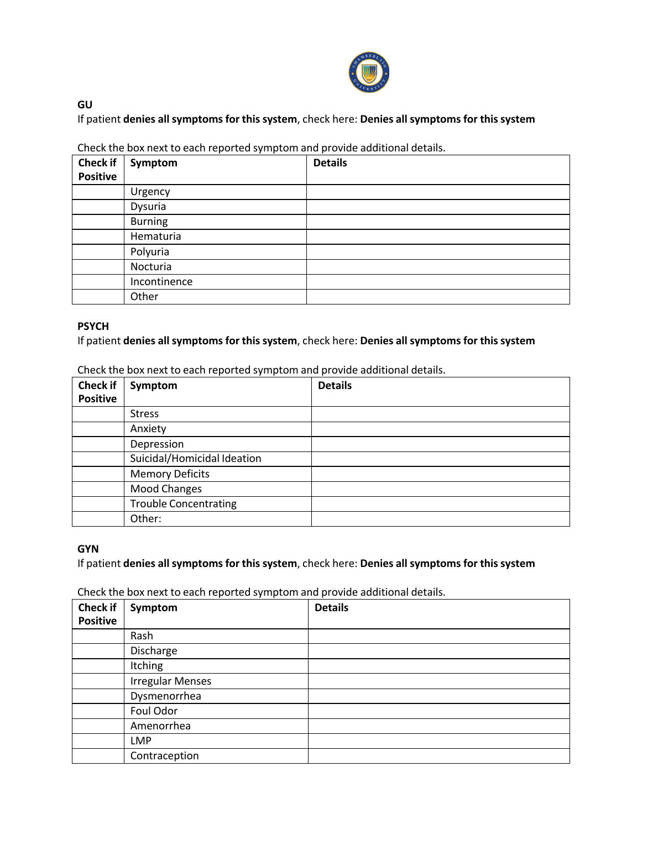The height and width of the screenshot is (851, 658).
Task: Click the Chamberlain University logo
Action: (x=369, y=72)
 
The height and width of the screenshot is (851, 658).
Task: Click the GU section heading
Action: (x=85, y=104)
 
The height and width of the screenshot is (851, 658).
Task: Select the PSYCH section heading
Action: (x=93, y=326)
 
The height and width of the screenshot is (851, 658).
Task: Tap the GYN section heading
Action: (x=88, y=549)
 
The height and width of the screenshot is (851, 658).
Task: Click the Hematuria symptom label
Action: (x=155, y=237)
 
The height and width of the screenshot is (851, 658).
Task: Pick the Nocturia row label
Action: (x=151, y=267)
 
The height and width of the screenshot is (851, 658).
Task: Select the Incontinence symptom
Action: (x=161, y=282)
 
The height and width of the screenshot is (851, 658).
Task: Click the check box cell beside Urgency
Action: (x=98, y=192)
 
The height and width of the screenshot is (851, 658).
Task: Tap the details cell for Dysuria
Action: (x=438, y=207)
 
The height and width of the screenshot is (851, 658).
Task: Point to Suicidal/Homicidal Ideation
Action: (x=196, y=459)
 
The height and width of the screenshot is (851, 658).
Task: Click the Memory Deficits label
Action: (x=170, y=474)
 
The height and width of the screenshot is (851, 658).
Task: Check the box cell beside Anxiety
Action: (x=98, y=429)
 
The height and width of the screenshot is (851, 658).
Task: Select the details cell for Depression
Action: (x=440, y=444)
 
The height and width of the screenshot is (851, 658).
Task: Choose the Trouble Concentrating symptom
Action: (x=183, y=504)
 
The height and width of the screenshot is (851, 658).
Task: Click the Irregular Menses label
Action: (x=171, y=681)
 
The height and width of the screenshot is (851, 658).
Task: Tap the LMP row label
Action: (x=141, y=741)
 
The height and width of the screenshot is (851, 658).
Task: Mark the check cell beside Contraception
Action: (x=98, y=756)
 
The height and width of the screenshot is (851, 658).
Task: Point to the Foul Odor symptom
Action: (x=154, y=711)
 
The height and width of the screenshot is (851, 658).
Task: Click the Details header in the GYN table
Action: (x=331, y=608)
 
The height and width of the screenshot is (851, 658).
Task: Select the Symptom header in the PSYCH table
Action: (x=154, y=386)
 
